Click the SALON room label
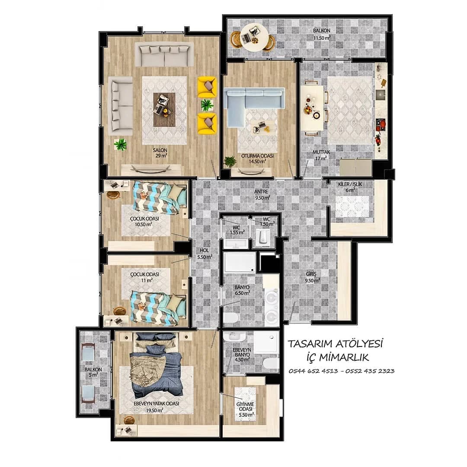[x=160, y=150]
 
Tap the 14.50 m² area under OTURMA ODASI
[x=257, y=162]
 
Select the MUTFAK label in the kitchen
[x=321, y=152]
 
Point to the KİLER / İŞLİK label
[x=350, y=184]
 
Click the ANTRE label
[x=261, y=191]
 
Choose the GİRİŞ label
[x=311, y=274]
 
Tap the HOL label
[x=205, y=251]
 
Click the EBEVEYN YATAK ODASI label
[x=157, y=403]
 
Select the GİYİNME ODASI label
[x=245, y=407]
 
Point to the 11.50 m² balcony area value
[x=322, y=38]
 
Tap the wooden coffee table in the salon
[x=164, y=109]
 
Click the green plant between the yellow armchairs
[x=207, y=105]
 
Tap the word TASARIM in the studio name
[x=310, y=344]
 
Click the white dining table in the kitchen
[x=312, y=108]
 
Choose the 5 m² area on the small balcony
[x=93, y=375]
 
